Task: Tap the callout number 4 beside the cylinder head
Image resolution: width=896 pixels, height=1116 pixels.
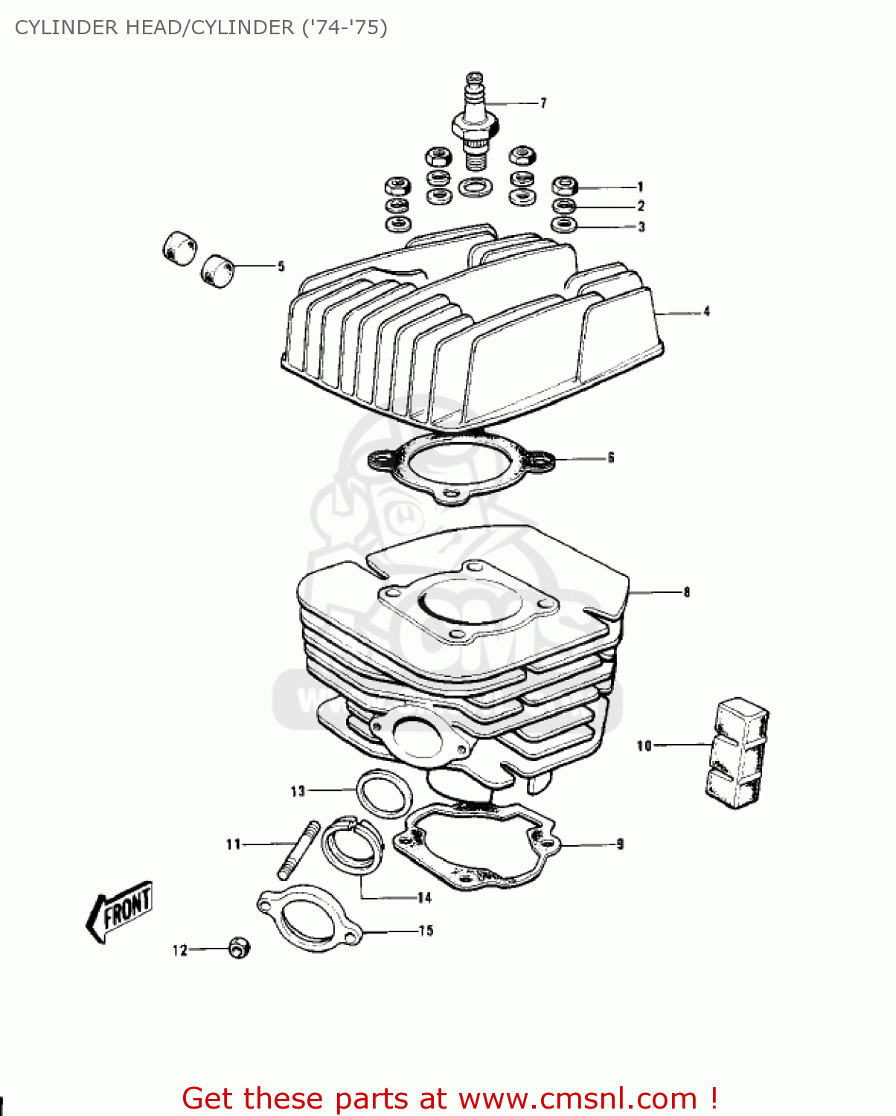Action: coord(706,312)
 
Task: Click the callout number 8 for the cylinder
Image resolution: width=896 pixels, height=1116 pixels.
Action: coord(686,592)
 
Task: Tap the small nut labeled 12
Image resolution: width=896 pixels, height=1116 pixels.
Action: coord(239,948)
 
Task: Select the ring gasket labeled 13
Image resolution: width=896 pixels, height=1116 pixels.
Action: coord(384,792)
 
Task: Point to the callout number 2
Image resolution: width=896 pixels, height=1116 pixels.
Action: coord(641,206)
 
